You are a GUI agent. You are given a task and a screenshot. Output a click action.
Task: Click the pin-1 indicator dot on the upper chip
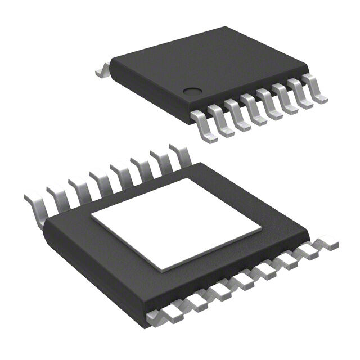(x=193, y=90)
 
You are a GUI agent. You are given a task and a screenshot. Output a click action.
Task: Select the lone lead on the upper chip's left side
(x=101, y=70)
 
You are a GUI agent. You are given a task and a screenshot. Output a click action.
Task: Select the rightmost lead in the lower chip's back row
(x=179, y=153)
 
